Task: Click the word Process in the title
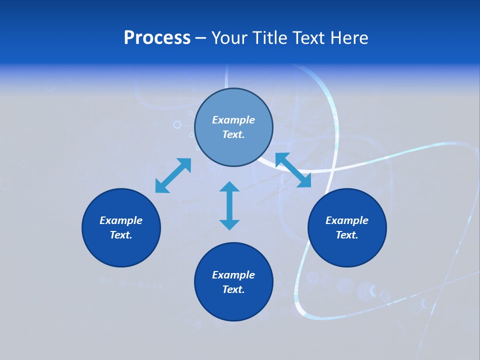coord(157,38)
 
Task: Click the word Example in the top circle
coord(233,120)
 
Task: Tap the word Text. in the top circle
coord(233,134)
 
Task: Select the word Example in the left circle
coord(121,220)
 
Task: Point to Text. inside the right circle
coord(347,235)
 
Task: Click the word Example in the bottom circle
coord(233,275)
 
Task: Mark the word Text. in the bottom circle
coord(233,289)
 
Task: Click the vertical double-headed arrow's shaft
coord(229,205)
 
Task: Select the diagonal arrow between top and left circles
coord(173,175)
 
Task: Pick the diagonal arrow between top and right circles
coord(293,170)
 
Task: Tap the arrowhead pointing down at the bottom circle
coord(229,224)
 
